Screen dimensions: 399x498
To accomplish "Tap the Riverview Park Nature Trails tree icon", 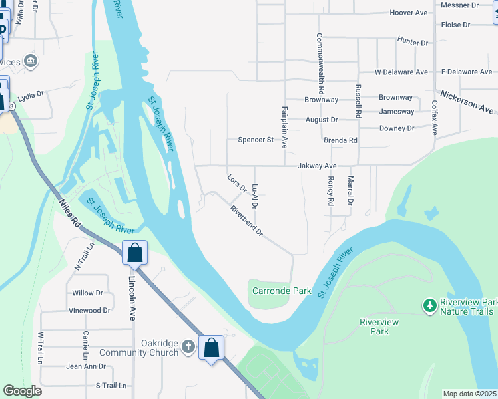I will tap(430, 306).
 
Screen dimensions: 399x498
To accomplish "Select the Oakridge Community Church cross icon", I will tap(189, 346).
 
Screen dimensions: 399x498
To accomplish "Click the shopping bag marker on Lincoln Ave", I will tap(134, 253).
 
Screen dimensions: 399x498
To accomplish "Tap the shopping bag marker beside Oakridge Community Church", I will tap(211, 347).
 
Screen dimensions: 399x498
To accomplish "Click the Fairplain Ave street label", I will tap(284, 126).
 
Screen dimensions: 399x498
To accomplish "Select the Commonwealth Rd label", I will tap(321, 63).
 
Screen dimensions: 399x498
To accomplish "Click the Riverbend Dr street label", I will tap(247, 221).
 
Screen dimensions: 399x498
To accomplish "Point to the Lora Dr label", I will tap(237, 184).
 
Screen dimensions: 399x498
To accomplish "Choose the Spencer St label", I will tap(256, 140).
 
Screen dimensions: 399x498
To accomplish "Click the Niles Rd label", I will tap(69, 215).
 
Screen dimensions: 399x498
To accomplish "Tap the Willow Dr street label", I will tap(87, 293).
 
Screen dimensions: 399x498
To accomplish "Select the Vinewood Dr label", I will tap(89, 311).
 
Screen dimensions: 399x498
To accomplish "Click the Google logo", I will tap(22, 391).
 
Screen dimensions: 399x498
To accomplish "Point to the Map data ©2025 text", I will tap(469, 394).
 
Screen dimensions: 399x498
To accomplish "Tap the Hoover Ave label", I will tap(409, 13).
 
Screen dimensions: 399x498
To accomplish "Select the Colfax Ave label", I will tap(434, 118).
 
